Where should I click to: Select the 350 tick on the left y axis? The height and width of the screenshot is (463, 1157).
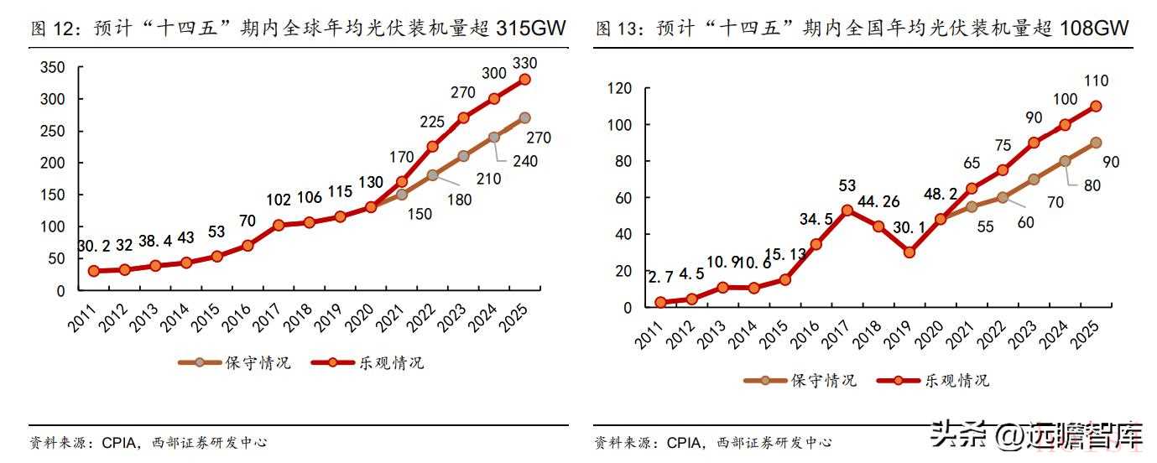tap(53, 68)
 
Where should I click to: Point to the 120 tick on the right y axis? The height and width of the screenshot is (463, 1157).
tap(618, 88)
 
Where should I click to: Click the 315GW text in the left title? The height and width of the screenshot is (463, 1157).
tap(531, 29)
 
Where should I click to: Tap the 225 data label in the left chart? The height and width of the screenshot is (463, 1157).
tap(431, 122)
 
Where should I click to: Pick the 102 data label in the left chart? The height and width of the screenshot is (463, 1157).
tap(278, 199)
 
